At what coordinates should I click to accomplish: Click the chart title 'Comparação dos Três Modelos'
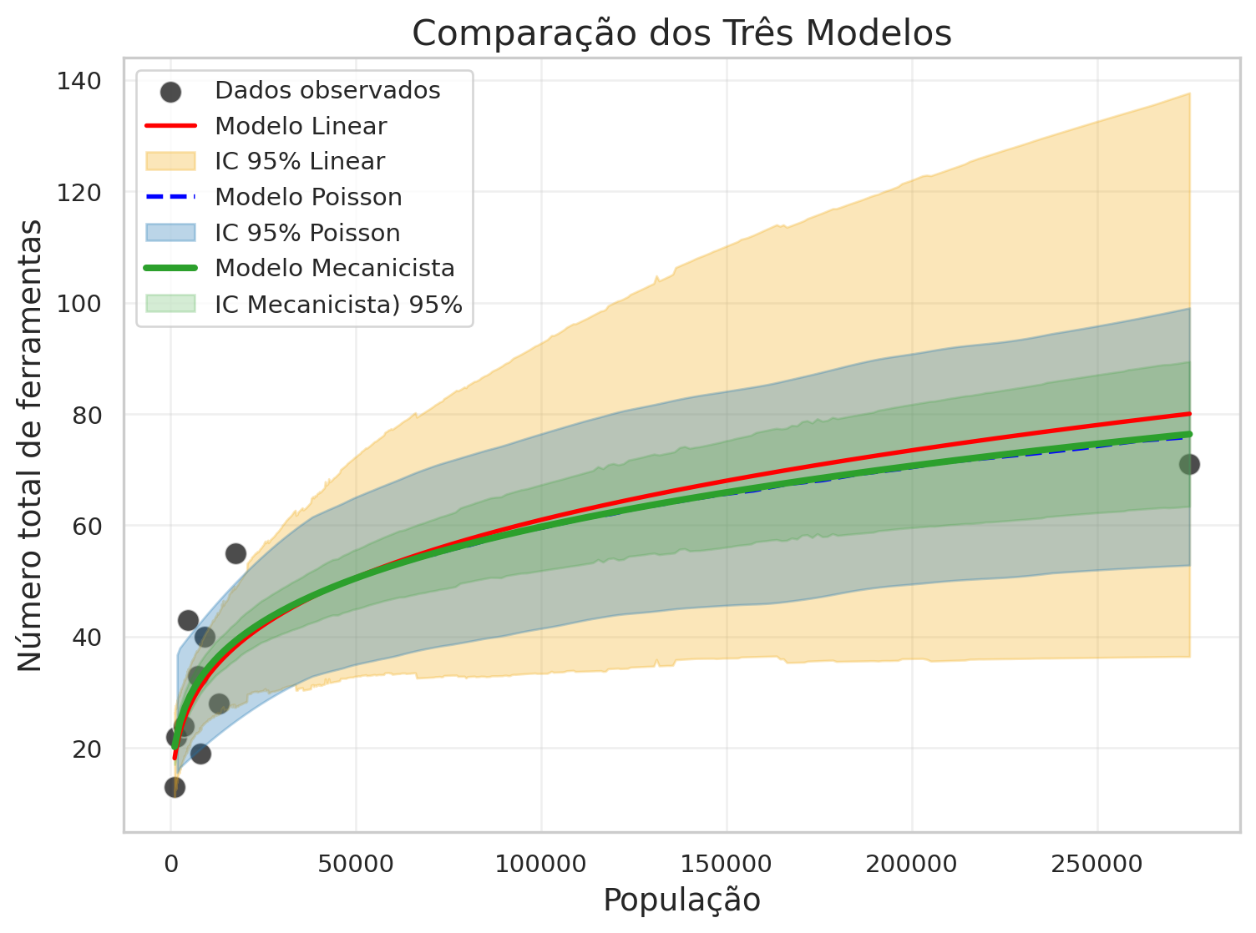[x=681, y=34]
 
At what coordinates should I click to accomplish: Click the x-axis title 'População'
[x=681, y=900]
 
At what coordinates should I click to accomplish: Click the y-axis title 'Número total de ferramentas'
[x=31, y=445]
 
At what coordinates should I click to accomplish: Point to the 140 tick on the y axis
[x=79, y=81]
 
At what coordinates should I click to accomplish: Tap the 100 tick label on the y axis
[x=79, y=304]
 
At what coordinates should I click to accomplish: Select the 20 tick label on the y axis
[x=86, y=749]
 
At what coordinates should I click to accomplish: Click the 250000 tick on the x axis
[x=1096, y=864]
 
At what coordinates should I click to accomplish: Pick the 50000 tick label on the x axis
[x=356, y=864]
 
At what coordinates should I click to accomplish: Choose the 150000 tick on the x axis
[x=727, y=864]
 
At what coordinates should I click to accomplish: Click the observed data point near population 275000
[x=1189, y=464]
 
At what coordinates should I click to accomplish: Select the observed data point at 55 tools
[x=235, y=553]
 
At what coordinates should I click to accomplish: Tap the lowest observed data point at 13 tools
[x=175, y=787]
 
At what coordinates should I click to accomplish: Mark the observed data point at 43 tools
[x=188, y=620]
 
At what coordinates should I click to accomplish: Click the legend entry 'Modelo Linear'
[x=301, y=126]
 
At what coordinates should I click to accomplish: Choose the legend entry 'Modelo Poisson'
[x=308, y=197]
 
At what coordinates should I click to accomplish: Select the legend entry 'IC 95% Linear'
[x=299, y=161]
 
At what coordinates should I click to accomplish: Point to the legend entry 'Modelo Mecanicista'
[x=334, y=268]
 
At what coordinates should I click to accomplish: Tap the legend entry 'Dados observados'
[x=327, y=90]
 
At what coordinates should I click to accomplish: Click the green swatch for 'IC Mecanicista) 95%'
[x=170, y=304]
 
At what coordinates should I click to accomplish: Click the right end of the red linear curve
[x=1188, y=414]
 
